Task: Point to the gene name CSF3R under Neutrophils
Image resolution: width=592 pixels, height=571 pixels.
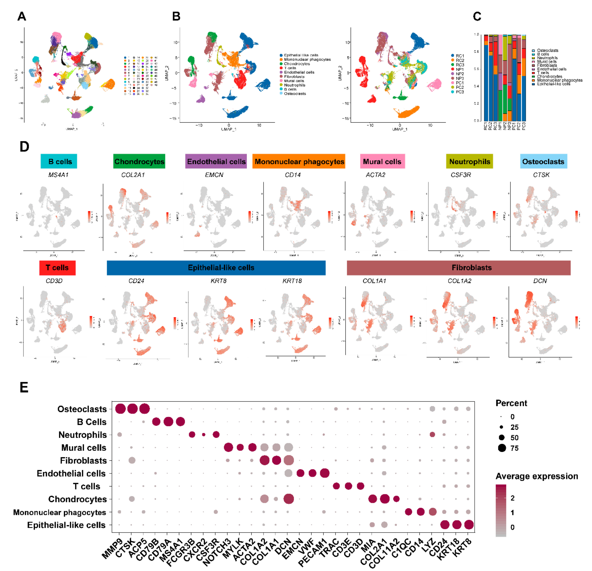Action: coord(461,175)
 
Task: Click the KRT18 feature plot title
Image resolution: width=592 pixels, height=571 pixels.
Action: coord(292,281)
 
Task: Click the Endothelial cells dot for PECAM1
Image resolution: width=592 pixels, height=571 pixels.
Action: coord(324,473)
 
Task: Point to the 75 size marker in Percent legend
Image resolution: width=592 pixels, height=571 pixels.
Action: coord(502,448)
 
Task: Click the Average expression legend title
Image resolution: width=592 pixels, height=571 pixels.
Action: coord(536,476)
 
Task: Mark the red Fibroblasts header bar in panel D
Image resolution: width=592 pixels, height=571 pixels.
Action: coord(459,268)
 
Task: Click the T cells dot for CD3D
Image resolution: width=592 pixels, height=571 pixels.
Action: coord(360,486)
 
